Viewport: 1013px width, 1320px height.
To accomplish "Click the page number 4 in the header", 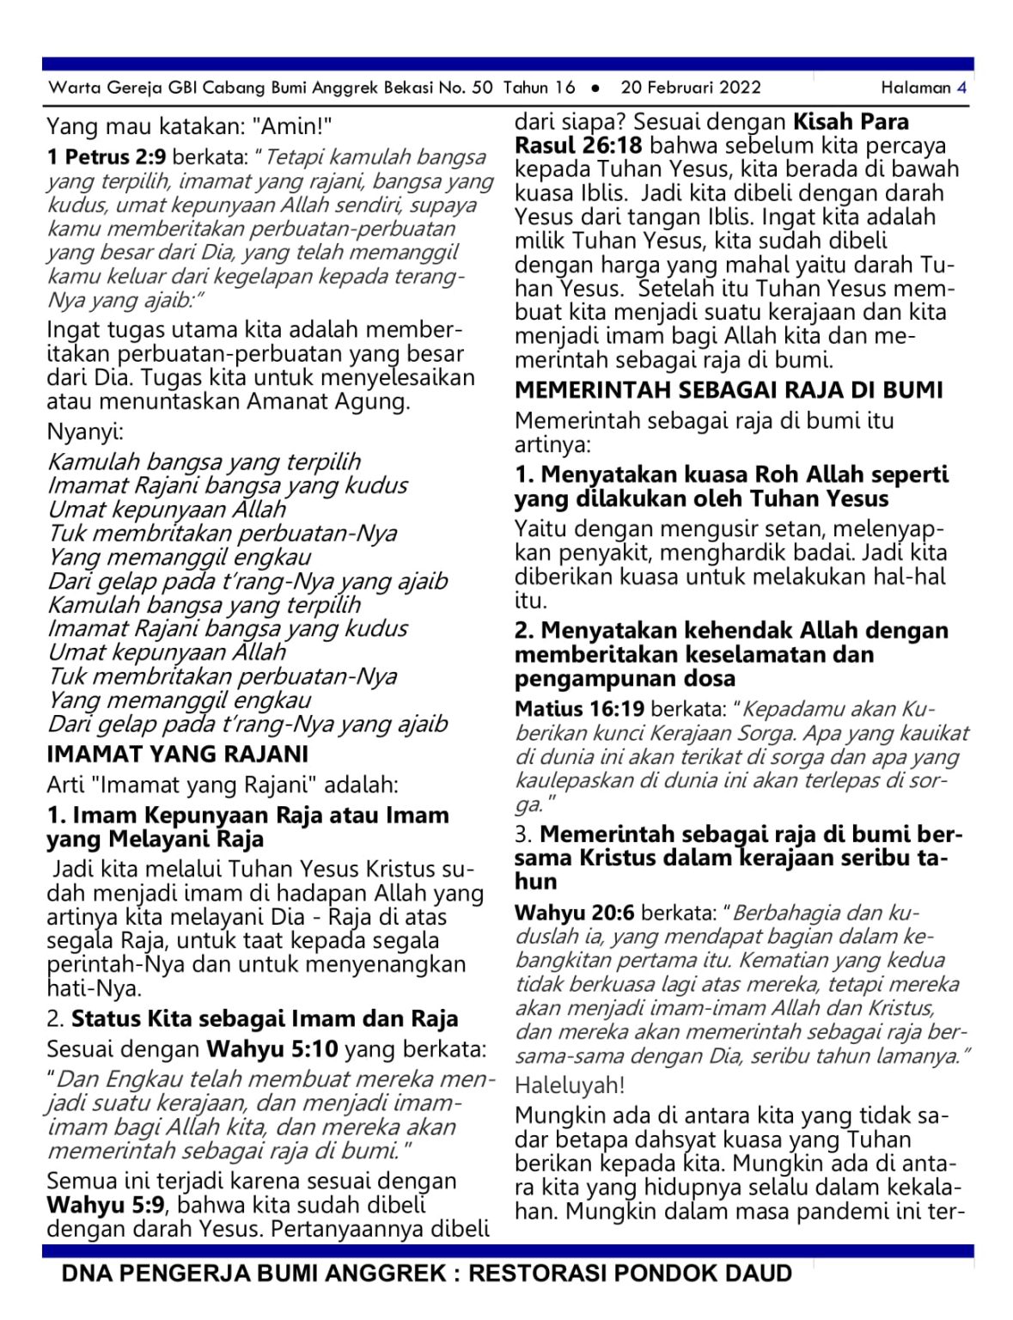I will click(961, 87).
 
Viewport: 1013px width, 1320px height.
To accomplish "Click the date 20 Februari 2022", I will click(690, 87).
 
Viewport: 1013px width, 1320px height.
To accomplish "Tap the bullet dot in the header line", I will click(595, 88).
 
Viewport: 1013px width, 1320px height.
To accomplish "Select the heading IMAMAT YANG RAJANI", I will click(177, 754).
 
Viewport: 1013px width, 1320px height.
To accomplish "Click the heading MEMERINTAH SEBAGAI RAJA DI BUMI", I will click(729, 390).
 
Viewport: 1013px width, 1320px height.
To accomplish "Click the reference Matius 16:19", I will click(579, 709).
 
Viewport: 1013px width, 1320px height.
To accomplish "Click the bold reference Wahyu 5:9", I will click(105, 1205).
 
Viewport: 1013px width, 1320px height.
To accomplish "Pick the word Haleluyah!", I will click(570, 1085).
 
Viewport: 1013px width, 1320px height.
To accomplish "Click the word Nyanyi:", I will click(85, 431).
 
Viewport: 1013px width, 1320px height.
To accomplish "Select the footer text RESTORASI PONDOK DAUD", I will click(630, 1274).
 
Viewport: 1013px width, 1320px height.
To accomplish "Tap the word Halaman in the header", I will click(916, 87).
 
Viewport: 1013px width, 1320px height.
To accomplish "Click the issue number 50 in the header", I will click(482, 87).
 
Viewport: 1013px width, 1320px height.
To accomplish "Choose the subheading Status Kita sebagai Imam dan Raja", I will click(265, 1019).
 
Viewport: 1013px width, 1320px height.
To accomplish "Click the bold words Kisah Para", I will click(851, 121).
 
